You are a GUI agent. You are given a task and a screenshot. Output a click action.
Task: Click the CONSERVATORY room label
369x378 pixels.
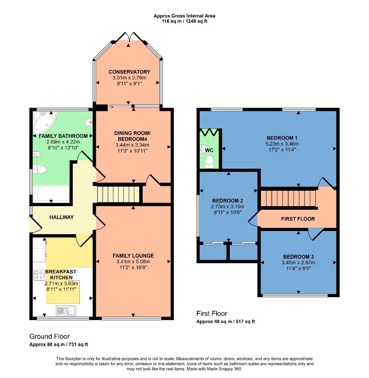click(129, 72)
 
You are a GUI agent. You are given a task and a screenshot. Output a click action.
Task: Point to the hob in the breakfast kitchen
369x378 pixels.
click(39, 275)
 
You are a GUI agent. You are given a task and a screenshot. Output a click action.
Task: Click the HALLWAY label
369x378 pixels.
click(62, 217)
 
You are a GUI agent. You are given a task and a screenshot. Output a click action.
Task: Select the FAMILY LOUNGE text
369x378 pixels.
click(133, 255)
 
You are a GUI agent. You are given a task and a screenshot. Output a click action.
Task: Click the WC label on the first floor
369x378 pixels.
click(209, 150)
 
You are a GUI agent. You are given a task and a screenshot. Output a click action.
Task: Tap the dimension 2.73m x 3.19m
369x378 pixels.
click(228, 207)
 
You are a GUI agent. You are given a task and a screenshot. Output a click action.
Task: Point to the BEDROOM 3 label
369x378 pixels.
click(298, 257)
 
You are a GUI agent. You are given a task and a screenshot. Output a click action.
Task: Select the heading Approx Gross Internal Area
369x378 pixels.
click(184, 16)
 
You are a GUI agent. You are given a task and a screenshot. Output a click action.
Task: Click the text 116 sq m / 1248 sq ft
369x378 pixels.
click(184, 21)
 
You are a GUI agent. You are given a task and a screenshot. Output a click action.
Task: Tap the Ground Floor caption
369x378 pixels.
click(49, 336)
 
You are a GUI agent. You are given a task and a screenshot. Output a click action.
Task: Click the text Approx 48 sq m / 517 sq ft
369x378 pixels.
click(226, 321)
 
